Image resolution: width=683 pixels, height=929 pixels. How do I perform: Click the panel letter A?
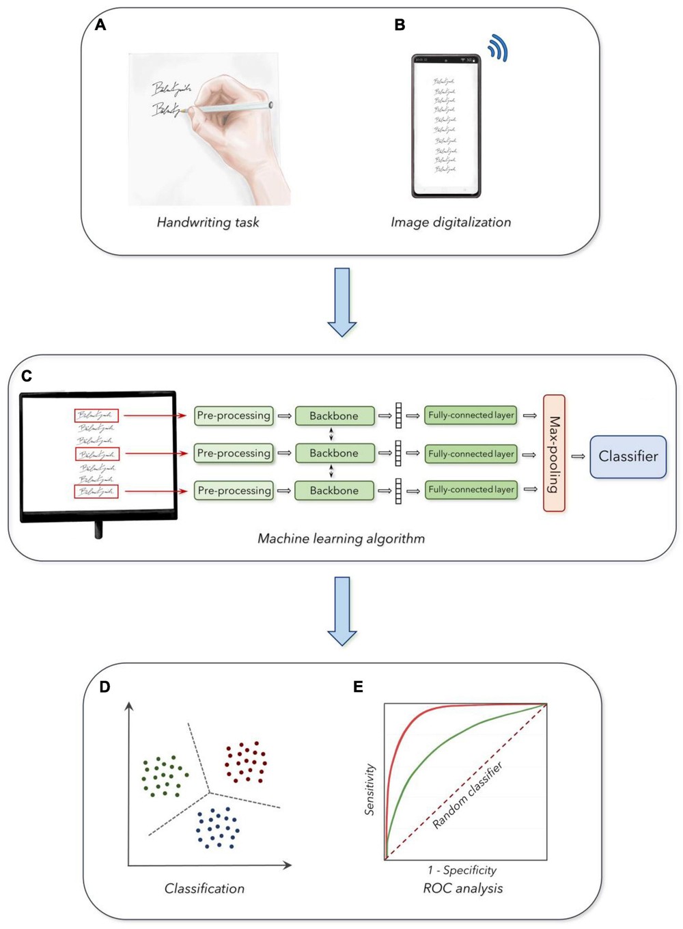coord(100,25)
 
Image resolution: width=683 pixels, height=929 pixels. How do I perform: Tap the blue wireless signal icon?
coord(499,49)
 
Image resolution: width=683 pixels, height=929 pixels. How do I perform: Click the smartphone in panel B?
coord(446,126)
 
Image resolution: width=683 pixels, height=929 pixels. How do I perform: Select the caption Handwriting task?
coord(208,222)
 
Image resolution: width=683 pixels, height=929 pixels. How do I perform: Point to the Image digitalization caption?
coord(451,222)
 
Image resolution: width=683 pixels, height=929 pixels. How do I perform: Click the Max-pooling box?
coord(554,453)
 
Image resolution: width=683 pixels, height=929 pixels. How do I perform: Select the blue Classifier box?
coord(628,456)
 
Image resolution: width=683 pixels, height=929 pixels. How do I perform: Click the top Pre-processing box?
coord(234,415)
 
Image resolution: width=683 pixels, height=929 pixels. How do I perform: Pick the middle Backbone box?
coord(334,453)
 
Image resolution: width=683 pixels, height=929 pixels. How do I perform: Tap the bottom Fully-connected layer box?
coord(471,490)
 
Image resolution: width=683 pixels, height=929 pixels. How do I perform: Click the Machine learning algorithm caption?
coord(341,538)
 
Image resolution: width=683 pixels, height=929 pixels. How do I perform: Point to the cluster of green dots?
coord(164,777)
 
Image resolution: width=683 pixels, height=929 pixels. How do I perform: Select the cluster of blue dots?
coord(218,828)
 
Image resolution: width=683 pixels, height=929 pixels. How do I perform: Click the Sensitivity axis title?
coord(370,789)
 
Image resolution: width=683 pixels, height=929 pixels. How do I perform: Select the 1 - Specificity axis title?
coord(462,870)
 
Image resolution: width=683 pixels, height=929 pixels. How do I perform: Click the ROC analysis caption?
coord(462,888)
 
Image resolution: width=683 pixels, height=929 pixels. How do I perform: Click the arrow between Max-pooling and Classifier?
coord(578,456)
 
